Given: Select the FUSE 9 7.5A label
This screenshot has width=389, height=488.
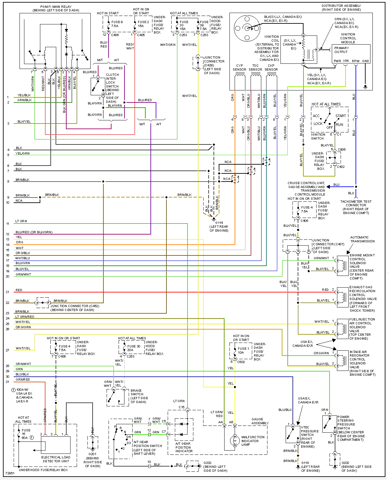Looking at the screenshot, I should pos(117,24).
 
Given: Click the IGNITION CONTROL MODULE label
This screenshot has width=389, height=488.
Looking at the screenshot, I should pos(348,38).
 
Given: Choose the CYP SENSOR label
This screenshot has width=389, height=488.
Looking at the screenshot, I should pos(239,67).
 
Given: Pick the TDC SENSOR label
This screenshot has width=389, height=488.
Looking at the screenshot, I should pos(255,67).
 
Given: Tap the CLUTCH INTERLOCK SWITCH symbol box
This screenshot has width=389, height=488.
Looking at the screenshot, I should pos(98,86).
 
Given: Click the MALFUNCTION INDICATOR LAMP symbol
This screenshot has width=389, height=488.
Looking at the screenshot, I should pos(235,441).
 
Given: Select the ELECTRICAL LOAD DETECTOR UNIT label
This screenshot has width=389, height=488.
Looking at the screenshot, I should pos(56,459).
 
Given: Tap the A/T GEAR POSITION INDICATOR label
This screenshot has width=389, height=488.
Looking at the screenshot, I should pos(184,447).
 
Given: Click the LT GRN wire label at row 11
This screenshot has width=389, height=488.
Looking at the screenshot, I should pos(21,221).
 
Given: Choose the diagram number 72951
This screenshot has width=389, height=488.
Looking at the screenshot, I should pos(10,473).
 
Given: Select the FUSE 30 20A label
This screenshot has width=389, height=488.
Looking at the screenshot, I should pos(134,348).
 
